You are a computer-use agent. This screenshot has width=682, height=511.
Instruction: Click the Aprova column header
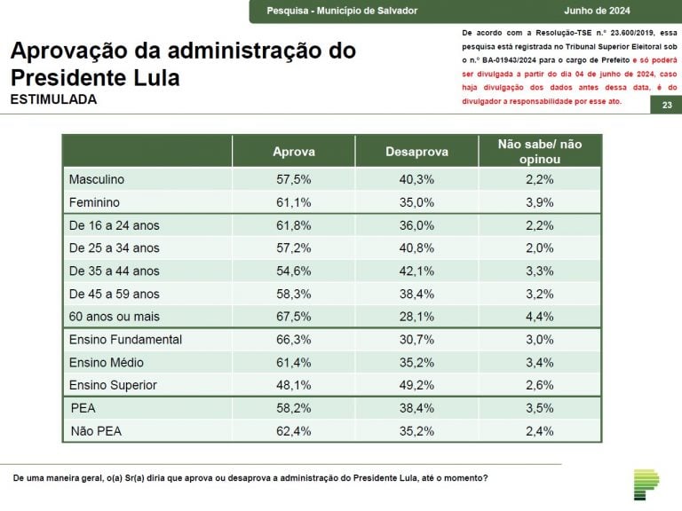[293, 152]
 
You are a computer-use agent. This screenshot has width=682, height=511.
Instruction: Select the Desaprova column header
[416, 152]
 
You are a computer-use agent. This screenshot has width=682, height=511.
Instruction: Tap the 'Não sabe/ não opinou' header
[540, 151]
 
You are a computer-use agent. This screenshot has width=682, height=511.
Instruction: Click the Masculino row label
[97, 179]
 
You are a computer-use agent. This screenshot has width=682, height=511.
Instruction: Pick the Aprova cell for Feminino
[293, 202]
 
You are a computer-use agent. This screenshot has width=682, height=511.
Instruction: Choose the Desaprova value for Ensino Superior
[416, 385]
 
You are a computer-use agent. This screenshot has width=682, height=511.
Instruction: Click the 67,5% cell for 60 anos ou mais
[293, 317]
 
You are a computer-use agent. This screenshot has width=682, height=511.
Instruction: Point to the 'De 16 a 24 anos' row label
[114, 225]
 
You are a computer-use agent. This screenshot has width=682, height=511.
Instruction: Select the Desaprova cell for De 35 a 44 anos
[416, 271]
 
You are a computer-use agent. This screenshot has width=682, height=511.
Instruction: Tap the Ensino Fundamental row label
[125, 340]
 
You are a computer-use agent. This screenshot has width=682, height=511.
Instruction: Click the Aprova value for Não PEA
[293, 431]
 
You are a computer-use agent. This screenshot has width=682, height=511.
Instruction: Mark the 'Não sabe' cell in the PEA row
[540, 408]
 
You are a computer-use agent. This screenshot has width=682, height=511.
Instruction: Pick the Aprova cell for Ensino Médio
[293, 362]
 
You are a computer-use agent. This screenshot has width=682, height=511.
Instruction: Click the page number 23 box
[666, 106]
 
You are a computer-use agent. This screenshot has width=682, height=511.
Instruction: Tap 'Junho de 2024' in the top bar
[623, 11]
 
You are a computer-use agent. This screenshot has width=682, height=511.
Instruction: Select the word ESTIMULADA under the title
[53, 99]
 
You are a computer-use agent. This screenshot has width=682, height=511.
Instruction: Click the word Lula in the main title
[151, 77]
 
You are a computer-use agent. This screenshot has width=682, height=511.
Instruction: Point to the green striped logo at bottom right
[646, 484]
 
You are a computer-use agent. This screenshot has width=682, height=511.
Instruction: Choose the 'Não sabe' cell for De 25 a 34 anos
[540, 248]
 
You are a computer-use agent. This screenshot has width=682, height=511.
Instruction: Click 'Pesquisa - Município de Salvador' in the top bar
[342, 11]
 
